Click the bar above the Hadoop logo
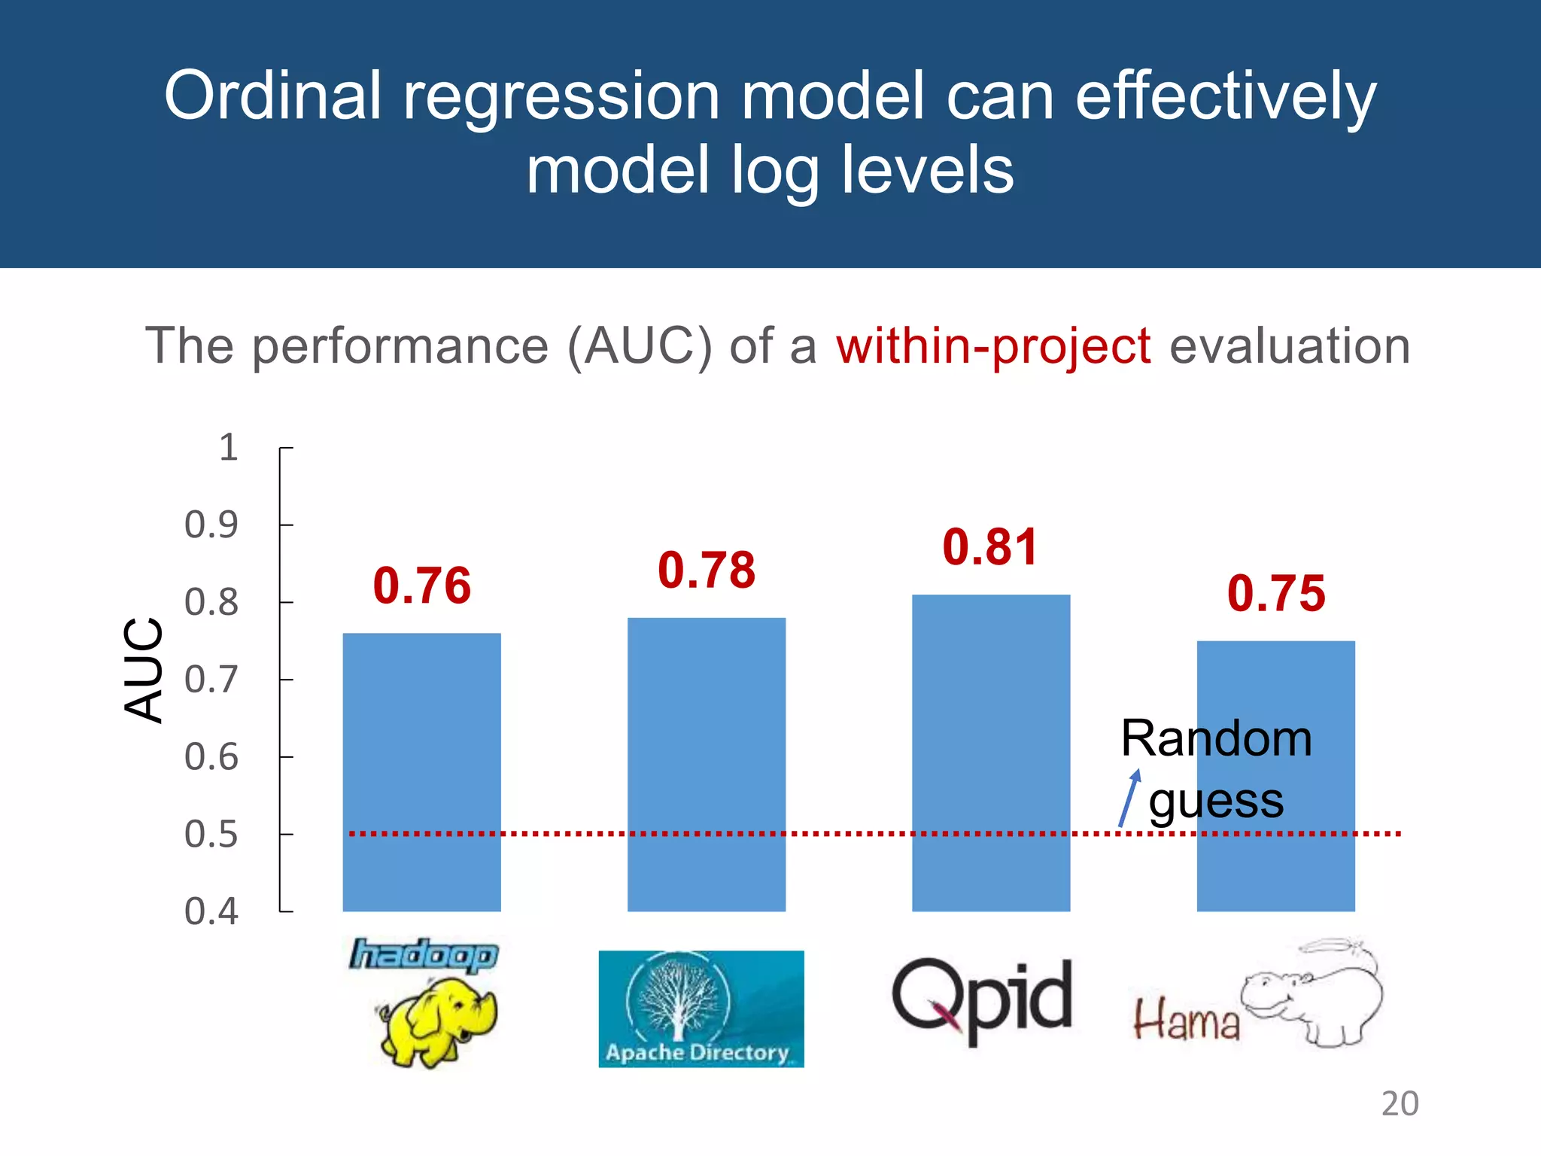pos(421,771)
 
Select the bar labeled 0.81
pos(991,753)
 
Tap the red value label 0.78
pos(707,570)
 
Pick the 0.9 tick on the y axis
pos(211,525)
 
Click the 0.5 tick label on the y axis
pos(211,835)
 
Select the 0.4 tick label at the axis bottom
pos(211,911)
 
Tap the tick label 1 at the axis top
pos(228,447)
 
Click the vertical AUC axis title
pos(143,669)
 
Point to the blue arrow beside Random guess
pos(1129,798)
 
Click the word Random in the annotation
pos(1216,738)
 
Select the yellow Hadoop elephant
pos(436,1020)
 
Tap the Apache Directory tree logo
pos(701,1008)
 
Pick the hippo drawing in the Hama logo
pos(1313,993)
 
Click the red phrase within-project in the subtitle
pos(993,346)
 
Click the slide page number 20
pos(1400,1103)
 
